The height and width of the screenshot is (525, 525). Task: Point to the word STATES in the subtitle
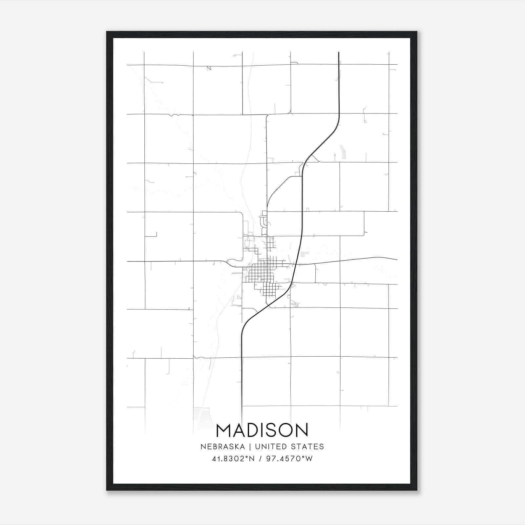pyautogui.click(x=308, y=447)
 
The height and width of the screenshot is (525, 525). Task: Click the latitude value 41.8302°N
pyautogui.click(x=233, y=459)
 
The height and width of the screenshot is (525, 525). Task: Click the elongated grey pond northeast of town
pyautogui.click(x=343, y=152)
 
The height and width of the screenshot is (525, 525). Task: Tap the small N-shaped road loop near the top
pyautogui.click(x=209, y=68)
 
